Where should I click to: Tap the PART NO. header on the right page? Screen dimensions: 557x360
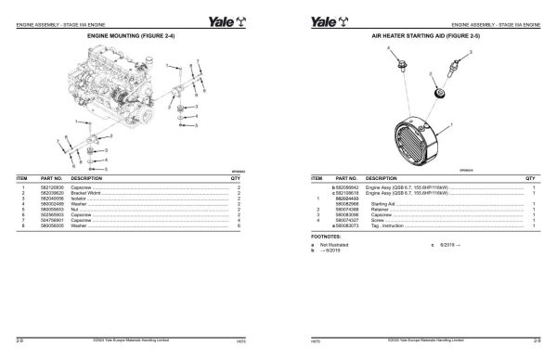click(347, 177)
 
